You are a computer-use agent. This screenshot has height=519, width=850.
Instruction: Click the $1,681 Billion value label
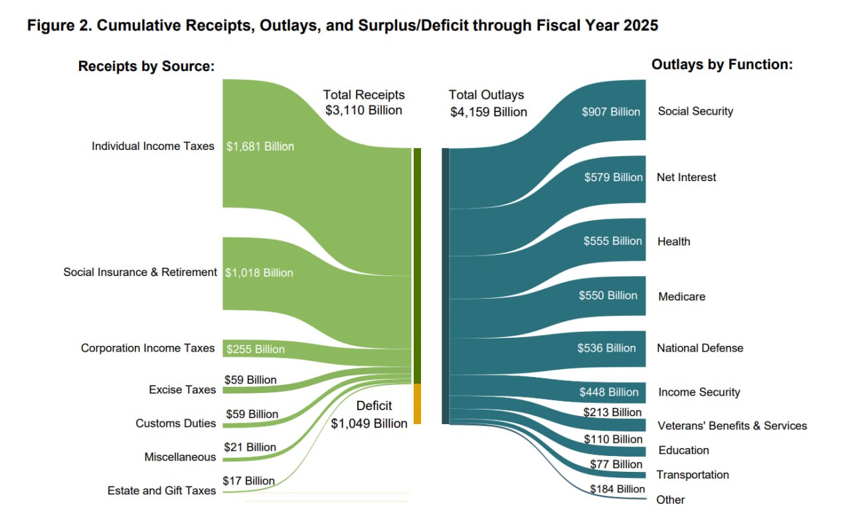260,147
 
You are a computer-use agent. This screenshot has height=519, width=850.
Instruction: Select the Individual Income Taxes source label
153,146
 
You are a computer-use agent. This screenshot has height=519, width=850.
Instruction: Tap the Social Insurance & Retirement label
140,272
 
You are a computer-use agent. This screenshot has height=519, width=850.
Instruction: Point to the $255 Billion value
255,349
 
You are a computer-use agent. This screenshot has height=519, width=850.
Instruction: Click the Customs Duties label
175,423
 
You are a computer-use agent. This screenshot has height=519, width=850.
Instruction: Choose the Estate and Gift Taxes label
161,490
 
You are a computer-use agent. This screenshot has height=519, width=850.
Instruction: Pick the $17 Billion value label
248,481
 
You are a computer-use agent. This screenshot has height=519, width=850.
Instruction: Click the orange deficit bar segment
417,404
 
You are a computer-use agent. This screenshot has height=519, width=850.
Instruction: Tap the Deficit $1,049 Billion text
369,415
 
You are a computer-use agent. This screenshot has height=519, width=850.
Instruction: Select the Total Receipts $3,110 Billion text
363,103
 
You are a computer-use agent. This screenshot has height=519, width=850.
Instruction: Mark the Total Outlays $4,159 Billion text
488,104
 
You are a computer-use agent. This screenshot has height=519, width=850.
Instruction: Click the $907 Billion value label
610,111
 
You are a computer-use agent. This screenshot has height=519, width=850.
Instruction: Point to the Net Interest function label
687,177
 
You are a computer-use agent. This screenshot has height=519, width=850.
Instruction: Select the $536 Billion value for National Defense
606,348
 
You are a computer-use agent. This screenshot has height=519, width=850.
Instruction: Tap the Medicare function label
681,297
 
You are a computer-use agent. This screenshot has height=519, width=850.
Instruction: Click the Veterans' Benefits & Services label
732,425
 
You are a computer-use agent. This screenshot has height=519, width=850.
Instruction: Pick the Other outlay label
670,500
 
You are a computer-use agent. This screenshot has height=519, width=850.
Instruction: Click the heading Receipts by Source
146,66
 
